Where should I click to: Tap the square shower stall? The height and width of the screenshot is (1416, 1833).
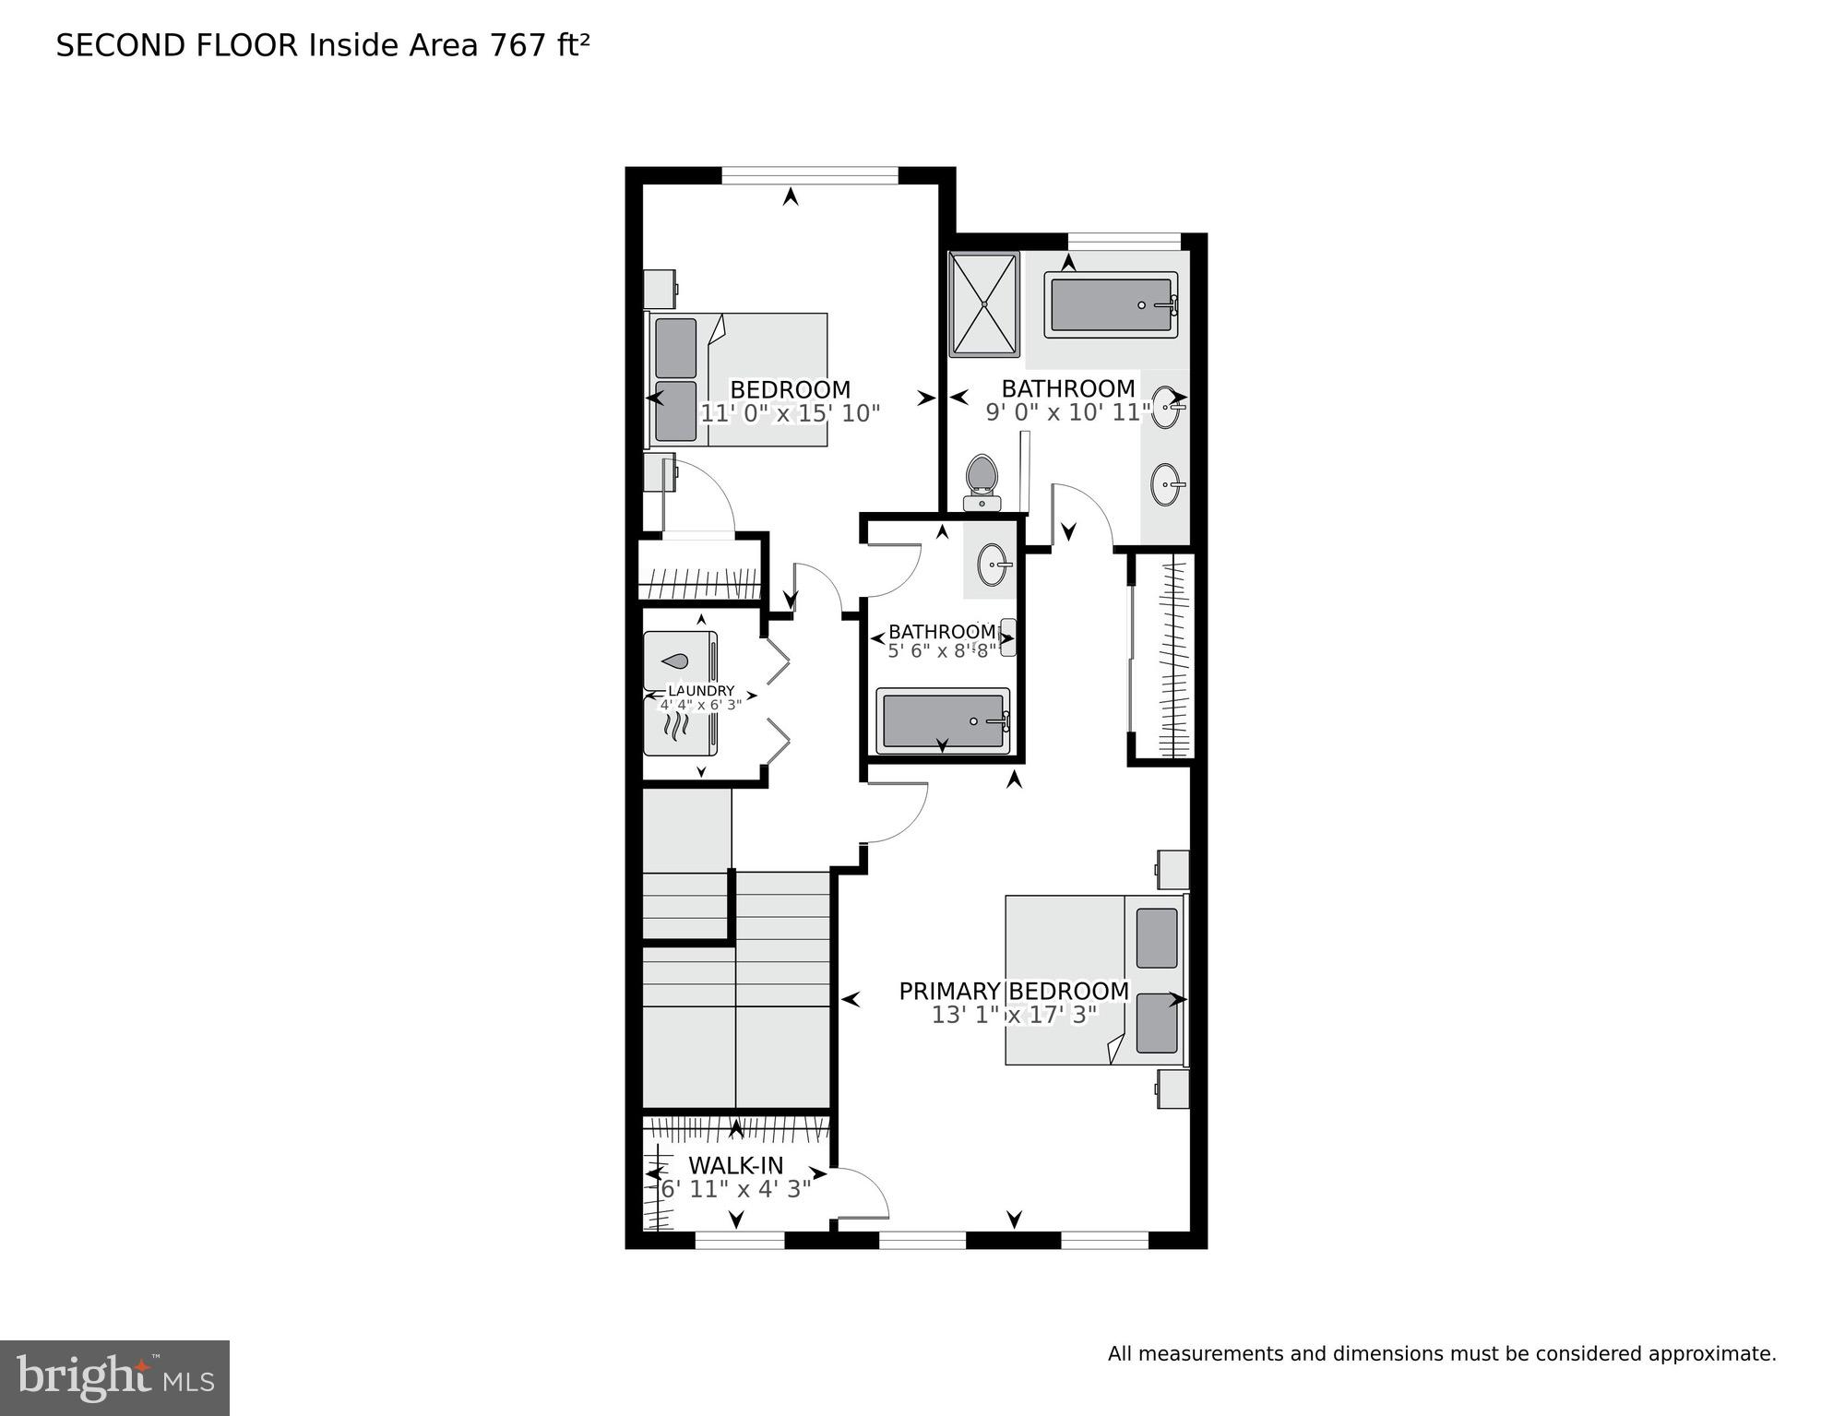coord(984,303)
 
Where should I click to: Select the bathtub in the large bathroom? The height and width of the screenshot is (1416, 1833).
coord(1111,304)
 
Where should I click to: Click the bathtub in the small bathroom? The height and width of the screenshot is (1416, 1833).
coord(943,720)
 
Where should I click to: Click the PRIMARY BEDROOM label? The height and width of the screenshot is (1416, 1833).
coord(1014,991)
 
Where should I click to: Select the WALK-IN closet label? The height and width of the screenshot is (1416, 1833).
coord(735,1165)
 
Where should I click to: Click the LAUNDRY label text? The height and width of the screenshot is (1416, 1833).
coord(701,691)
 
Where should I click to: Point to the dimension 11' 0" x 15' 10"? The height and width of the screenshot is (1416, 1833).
coord(791,413)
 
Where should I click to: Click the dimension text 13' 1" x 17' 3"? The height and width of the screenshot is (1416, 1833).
coord(1014,1015)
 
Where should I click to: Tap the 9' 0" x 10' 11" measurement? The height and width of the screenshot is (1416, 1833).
coord(1068,412)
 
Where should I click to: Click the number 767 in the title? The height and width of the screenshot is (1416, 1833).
coord(518,45)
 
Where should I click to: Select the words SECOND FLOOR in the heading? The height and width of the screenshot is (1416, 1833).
coord(177,45)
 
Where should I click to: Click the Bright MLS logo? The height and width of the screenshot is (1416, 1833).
coord(114,1377)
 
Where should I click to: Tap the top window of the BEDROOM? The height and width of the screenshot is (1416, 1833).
coord(809,174)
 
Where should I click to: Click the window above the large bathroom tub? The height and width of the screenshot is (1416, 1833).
coord(1124,241)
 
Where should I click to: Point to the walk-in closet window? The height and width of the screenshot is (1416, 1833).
coord(739,1239)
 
